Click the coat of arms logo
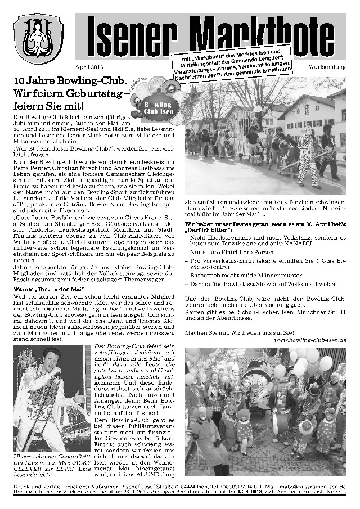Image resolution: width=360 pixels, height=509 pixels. click(x=39, y=39)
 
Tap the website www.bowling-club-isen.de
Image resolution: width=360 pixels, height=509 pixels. click(x=310, y=340)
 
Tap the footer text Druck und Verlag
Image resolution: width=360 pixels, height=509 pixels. click(x=39, y=486)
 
